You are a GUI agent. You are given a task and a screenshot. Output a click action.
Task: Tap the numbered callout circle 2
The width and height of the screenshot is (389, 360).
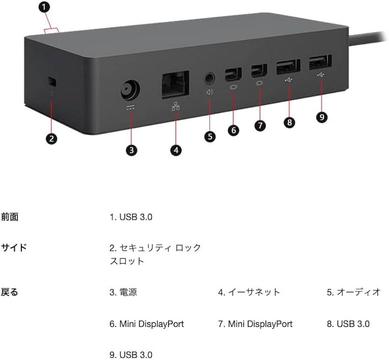point(51,139)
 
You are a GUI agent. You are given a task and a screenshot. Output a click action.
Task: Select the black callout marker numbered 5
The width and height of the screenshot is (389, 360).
point(209,136)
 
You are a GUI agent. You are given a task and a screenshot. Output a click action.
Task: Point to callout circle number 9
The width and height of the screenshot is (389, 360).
point(322,117)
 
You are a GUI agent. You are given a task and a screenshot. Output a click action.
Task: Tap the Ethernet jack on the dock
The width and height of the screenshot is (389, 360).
point(175,84)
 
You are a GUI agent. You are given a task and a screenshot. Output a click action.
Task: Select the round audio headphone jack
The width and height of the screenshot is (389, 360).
point(209,79)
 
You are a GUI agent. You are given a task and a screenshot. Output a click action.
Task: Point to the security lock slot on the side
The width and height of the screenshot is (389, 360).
point(52,81)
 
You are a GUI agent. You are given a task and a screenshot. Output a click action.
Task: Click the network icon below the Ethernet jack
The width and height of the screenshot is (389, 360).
point(176,107)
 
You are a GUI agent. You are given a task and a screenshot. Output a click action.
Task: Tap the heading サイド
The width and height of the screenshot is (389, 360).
point(14,248)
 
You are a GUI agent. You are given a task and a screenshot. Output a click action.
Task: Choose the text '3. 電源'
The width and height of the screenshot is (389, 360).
point(123,292)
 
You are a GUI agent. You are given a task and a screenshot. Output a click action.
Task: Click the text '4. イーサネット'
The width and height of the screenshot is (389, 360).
point(249,292)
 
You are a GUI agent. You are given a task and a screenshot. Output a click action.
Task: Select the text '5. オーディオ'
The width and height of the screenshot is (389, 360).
point(354,292)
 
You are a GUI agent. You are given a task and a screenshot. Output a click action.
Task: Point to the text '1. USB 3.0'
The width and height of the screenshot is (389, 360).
point(131,217)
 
